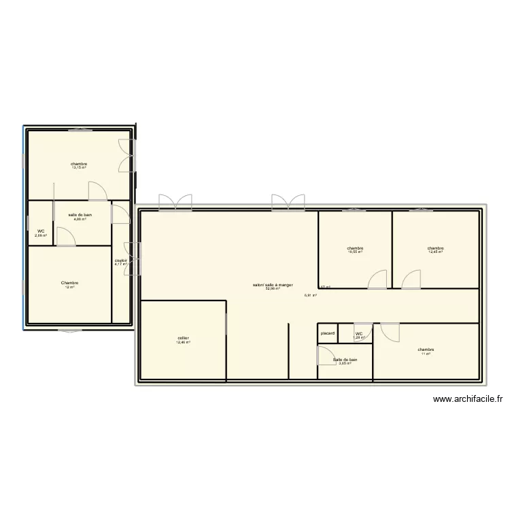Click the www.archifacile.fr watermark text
click(x=466, y=401)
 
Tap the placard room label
click(x=328, y=333)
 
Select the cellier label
click(x=184, y=337)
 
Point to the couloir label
click(x=121, y=260)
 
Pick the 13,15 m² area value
click(x=79, y=167)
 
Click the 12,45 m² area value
click(x=435, y=252)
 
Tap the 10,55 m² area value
click(x=355, y=252)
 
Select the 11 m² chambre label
click(x=426, y=350)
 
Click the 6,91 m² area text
click(x=310, y=296)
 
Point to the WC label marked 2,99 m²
click(x=41, y=231)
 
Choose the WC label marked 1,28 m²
click(x=359, y=334)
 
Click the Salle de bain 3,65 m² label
click(x=345, y=359)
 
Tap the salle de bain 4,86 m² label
click(x=80, y=215)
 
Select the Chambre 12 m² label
click(x=69, y=283)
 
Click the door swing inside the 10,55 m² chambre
click(x=377, y=279)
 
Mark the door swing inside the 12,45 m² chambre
click(x=411, y=279)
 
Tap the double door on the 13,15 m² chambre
click(x=125, y=156)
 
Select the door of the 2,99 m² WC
click(x=65, y=235)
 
